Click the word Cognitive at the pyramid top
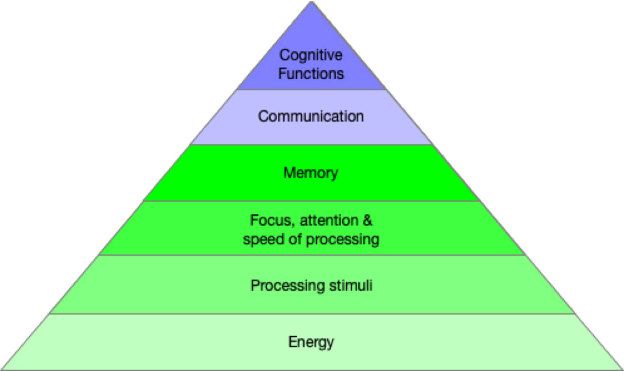(311, 56)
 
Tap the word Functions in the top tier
(311, 74)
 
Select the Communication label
(311, 116)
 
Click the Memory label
(311, 172)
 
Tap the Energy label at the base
(311, 342)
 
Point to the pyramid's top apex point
(311, 2)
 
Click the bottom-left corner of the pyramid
(2, 369)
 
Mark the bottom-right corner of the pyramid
(622, 369)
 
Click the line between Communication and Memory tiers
(311, 145)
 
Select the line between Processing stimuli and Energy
(311, 313)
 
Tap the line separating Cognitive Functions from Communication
(311, 90)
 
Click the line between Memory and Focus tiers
(311, 201)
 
